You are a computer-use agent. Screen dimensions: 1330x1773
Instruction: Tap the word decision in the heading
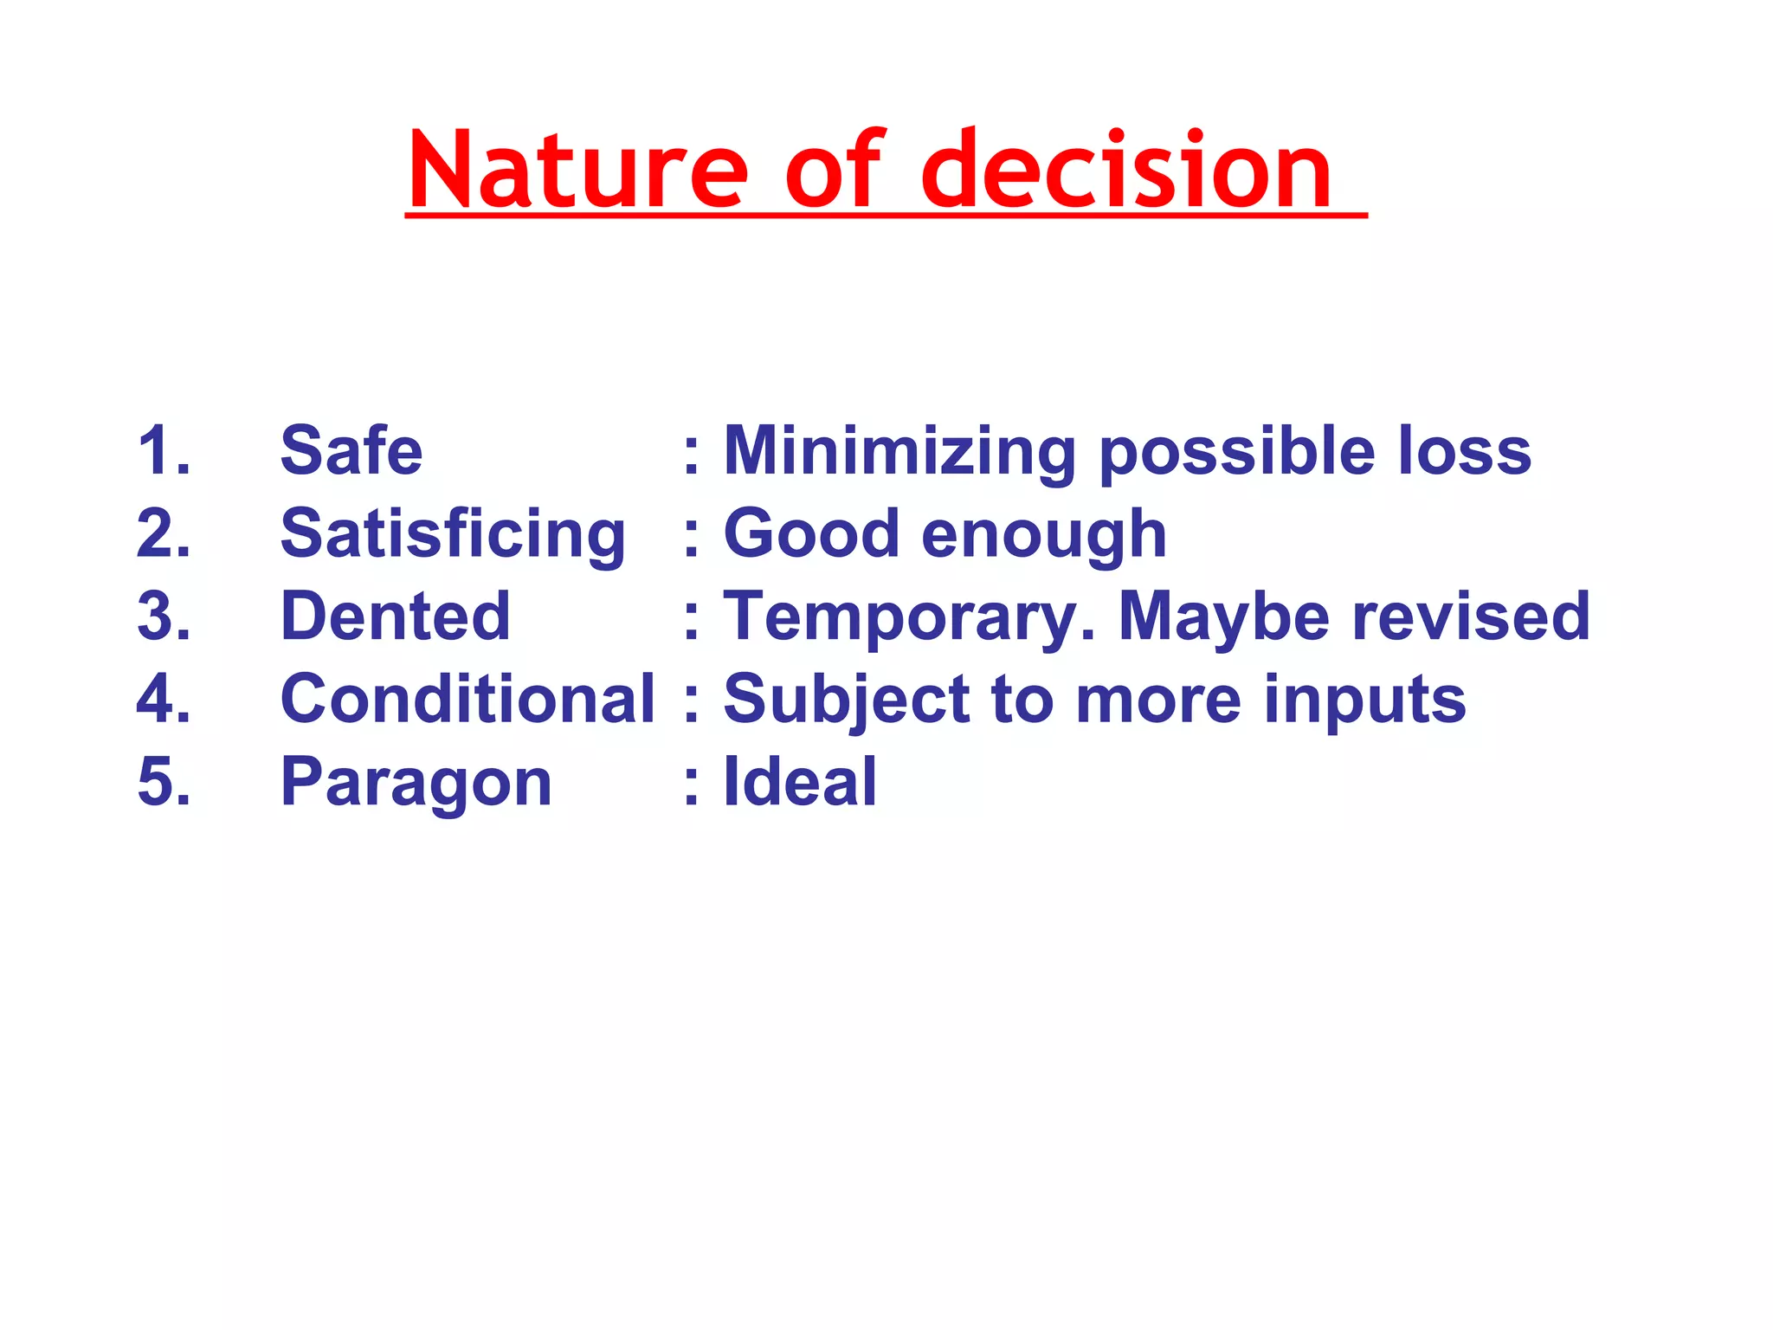coord(1125,171)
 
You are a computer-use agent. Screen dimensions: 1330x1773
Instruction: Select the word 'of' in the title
coord(833,171)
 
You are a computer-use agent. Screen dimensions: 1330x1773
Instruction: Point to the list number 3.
coord(163,617)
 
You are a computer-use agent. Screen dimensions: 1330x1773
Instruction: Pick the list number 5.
coord(163,782)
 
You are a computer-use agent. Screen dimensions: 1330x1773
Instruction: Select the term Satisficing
coord(452,535)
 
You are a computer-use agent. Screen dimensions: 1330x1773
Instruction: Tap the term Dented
coord(396,617)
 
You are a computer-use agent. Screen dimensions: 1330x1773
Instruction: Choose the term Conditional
coord(467,699)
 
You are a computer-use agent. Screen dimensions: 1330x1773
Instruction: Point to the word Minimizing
coord(899,452)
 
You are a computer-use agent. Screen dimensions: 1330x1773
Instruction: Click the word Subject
coord(846,701)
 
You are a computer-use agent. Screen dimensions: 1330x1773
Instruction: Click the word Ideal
coord(800,782)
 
